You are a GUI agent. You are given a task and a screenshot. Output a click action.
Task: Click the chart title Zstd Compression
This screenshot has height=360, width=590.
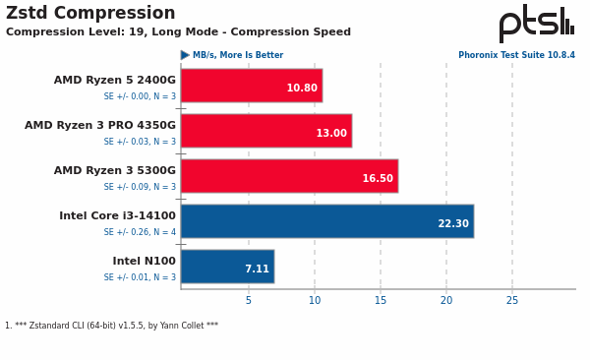click(90, 14)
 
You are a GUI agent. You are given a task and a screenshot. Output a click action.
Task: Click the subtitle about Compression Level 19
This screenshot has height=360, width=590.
click(178, 32)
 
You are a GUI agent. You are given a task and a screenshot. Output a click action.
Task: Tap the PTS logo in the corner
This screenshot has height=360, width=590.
click(536, 24)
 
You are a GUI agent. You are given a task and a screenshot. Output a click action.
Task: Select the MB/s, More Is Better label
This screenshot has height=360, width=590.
click(237, 56)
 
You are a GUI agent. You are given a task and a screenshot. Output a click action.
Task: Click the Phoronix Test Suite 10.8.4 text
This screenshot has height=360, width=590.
click(516, 56)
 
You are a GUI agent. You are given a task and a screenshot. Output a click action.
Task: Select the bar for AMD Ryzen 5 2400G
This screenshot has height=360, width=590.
click(251, 86)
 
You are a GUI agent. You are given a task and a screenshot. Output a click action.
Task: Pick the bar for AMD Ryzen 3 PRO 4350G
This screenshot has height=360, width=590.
click(265, 131)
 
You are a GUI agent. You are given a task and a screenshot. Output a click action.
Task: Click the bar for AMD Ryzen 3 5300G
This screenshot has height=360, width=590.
click(289, 176)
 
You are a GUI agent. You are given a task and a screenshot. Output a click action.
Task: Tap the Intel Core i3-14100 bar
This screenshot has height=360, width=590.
click(326, 221)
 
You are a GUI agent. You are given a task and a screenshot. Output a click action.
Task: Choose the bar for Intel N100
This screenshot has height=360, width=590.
click(227, 267)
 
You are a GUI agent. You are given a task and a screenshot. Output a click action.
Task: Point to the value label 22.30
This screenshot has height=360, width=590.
click(452, 224)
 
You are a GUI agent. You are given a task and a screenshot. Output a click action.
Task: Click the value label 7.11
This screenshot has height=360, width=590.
click(256, 270)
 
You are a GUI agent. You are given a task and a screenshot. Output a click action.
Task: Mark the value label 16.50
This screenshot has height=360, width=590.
click(377, 179)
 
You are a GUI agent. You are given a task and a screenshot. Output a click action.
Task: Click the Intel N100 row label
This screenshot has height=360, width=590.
click(144, 262)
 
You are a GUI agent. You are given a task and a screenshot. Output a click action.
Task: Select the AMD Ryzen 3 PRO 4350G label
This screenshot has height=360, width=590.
click(100, 126)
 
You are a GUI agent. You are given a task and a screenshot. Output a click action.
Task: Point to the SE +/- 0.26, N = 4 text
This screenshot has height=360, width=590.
click(140, 232)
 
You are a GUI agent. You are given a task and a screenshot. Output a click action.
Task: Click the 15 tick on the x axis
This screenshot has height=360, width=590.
click(381, 301)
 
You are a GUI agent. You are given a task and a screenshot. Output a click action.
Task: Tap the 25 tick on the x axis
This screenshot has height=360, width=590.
click(511, 301)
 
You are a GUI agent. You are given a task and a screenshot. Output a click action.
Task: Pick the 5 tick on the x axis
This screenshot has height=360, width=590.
click(248, 301)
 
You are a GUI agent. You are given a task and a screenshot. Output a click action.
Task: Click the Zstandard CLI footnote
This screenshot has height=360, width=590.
click(111, 326)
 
